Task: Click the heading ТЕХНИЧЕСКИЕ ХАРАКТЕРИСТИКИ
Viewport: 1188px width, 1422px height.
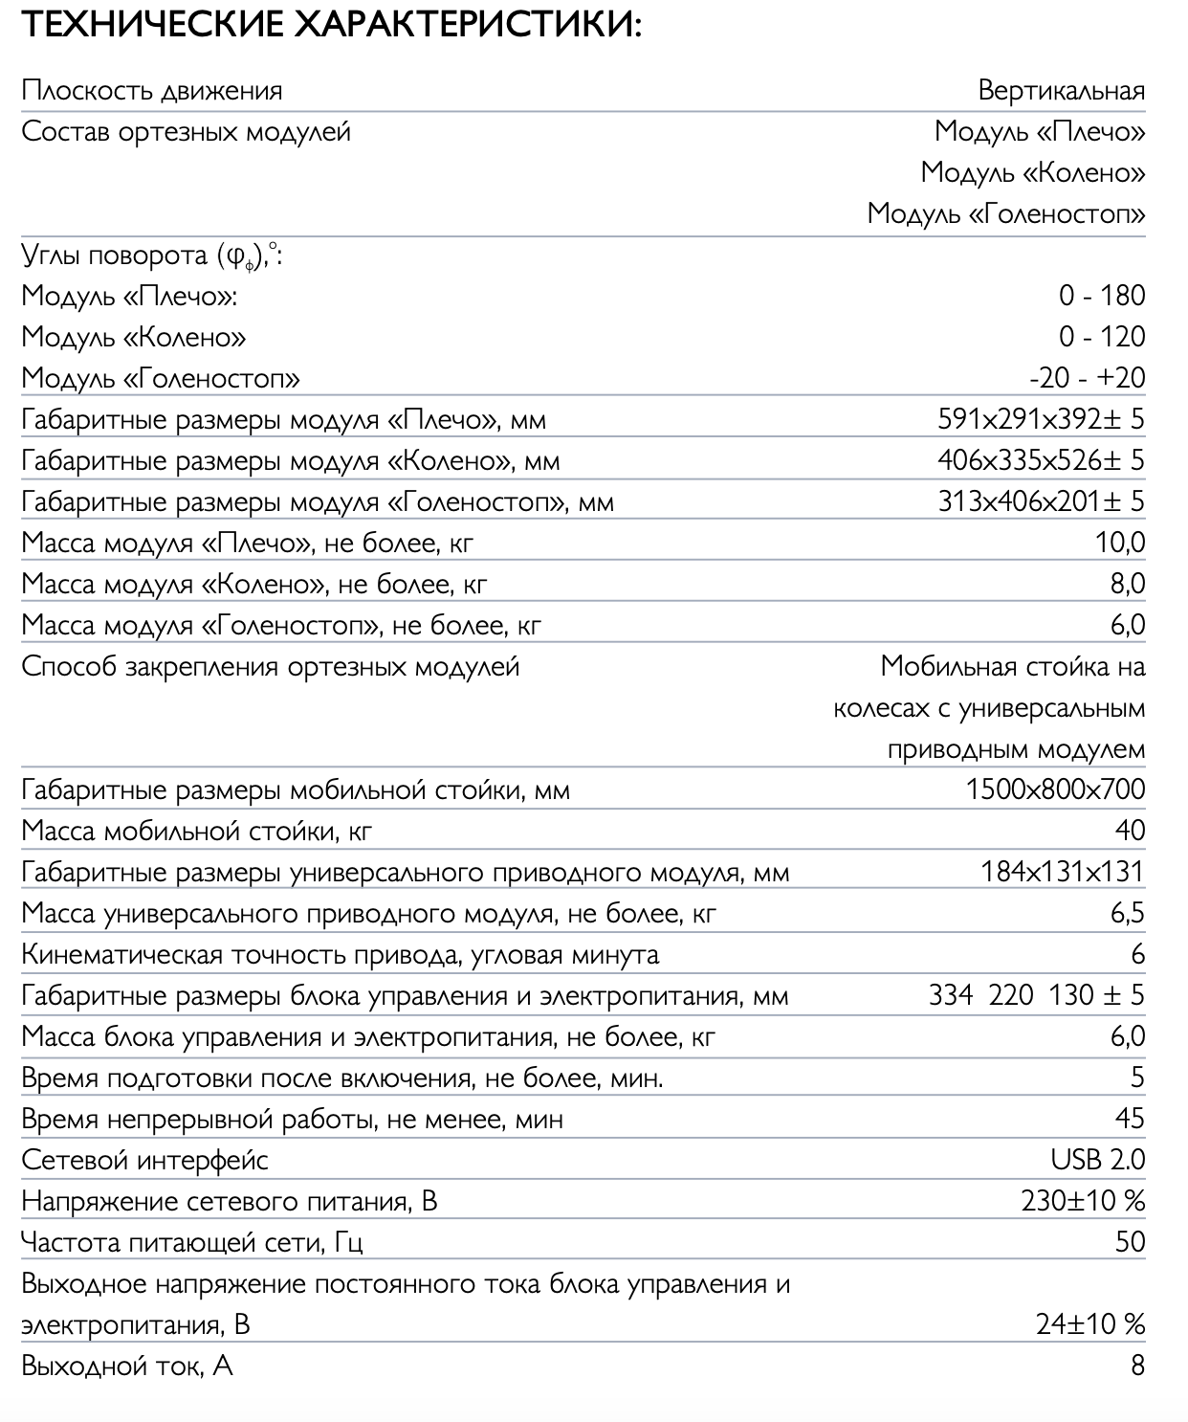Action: click(x=330, y=24)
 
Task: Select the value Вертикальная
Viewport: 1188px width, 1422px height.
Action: click(x=1061, y=91)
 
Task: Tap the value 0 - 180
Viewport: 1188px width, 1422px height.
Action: click(x=1101, y=296)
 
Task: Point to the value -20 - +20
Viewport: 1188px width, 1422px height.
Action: click(x=1087, y=378)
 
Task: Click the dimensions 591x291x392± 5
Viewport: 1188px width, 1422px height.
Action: click(x=1041, y=419)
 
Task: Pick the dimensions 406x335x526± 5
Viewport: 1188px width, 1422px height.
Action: click(x=1041, y=460)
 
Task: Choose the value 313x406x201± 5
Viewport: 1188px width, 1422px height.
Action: click(x=1041, y=501)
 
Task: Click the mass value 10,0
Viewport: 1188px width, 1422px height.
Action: click(x=1119, y=543)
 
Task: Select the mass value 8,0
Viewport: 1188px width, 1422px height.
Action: click(x=1127, y=584)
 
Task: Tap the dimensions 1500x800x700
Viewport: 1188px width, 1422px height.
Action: click(x=1055, y=789)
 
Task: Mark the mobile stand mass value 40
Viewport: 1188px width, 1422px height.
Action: click(x=1130, y=831)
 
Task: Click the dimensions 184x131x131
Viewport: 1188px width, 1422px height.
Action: click(x=1062, y=872)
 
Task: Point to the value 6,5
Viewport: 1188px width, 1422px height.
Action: click(x=1127, y=913)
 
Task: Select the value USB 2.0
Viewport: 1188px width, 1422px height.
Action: click(x=1097, y=1160)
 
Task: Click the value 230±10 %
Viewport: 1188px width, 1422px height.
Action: click(x=1083, y=1201)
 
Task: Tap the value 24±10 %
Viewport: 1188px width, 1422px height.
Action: click(x=1090, y=1324)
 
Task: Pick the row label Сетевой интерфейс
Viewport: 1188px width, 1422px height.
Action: click(x=144, y=1161)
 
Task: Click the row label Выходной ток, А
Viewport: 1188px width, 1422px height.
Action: click(x=126, y=1366)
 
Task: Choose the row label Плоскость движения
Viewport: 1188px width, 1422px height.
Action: click(x=151, y=91)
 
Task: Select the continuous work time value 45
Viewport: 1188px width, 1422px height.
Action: click(x=1130, y=1119)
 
